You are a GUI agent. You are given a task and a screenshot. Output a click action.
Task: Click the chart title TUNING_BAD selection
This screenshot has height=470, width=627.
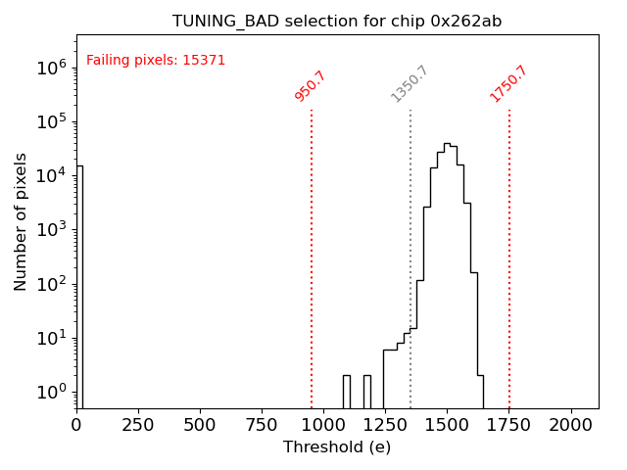click(337, 21)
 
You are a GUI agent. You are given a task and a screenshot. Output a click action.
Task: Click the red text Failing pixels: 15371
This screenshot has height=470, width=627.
click(156, 60)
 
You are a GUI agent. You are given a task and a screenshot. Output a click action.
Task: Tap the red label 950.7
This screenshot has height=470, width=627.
click(310, 86)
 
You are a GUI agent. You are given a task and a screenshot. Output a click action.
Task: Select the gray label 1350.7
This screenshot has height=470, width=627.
click(410, 84)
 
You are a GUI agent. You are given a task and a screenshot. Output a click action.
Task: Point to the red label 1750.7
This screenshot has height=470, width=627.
click(508, 84)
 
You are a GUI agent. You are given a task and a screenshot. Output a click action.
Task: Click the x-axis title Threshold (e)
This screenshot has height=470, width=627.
click(337, 447)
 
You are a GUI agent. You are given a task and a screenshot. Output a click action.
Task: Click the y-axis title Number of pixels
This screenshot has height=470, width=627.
click(22, 221)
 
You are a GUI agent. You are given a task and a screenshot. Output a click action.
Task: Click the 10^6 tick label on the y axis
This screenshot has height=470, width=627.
click(51, 68)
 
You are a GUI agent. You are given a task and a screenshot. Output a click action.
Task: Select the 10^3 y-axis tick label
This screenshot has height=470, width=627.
click(51, 230)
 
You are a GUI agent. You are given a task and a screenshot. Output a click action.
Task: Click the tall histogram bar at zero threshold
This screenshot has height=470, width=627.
click(79, 284)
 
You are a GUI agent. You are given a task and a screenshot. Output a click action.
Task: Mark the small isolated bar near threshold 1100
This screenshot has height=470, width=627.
click(346, 391)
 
